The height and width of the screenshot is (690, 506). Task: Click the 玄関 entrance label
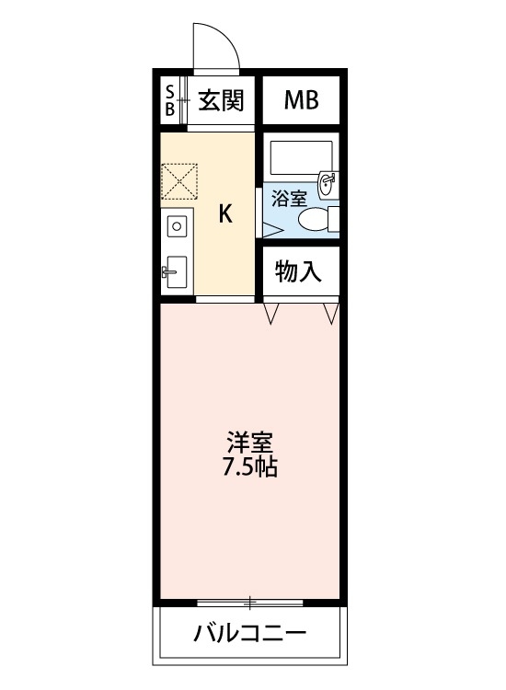(221, 100)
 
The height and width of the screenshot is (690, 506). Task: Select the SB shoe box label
(170, 100)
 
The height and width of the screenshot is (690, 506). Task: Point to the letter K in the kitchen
(224, 214)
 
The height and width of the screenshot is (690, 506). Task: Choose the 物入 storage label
(299, 271)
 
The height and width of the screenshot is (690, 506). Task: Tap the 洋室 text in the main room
(251, 442)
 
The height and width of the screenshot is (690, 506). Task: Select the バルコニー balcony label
(250, 634)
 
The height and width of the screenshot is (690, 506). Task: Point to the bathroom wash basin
(327, 183)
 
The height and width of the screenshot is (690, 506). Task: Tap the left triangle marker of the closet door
(271, 315)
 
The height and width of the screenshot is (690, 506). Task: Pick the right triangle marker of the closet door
(330, 315)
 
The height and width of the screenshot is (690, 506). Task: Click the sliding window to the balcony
(250, 604)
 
